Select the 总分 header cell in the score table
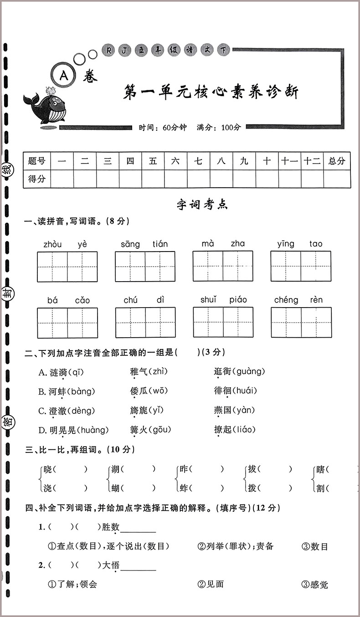click(337, 160)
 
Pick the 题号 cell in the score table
click(36, 160)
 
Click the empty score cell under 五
click(153, 179)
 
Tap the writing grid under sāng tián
click(145, 266)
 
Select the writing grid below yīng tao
click(301, 266)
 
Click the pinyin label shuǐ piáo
click(223, 300)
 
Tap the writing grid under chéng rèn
click(301, 322)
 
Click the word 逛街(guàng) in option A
click(239, 372)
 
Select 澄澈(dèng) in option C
click(67, 411)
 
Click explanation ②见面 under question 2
click(211, 584)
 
